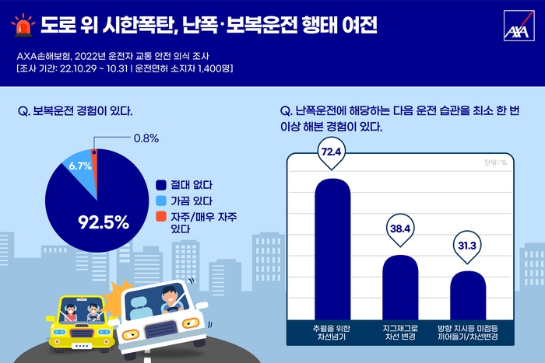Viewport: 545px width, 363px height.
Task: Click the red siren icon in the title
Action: [23, 27]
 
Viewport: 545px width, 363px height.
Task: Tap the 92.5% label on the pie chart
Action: [103, 222]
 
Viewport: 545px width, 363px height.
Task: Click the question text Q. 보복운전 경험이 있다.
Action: [75, 111]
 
